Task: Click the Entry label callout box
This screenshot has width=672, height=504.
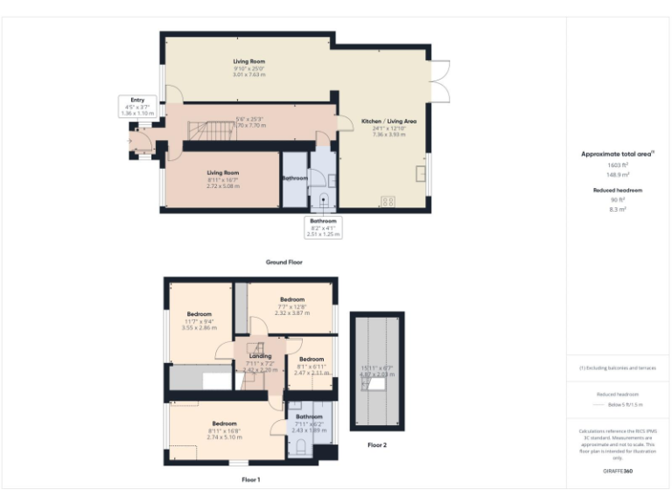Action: click(137, 107)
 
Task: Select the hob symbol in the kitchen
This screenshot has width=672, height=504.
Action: click(388, 200)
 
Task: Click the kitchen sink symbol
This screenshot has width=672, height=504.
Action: click(421, 173)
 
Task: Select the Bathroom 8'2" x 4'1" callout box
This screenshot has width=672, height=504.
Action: click(323, 227)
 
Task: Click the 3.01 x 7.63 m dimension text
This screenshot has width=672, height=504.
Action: click(249, 74)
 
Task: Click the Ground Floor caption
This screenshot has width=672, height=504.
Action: click(285, 262)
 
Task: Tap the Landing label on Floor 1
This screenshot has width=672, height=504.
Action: click(260, 356)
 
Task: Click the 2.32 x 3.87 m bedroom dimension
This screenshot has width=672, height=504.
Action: click(291, 312)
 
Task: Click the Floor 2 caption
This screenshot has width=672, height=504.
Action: click(377, 444)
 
